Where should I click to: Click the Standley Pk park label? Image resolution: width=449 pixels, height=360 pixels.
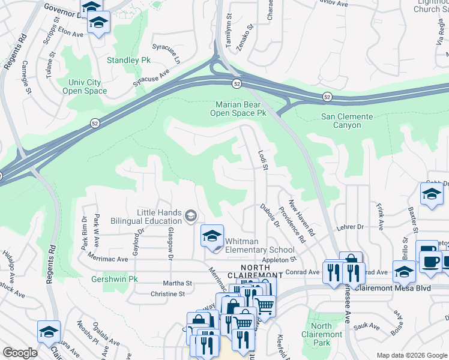coord(128,61)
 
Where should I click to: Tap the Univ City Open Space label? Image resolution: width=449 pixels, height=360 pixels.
coord(85,86)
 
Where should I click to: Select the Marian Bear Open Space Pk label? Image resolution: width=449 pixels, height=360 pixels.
coord(241,108)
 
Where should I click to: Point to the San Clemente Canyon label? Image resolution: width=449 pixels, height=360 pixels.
coord(347,121)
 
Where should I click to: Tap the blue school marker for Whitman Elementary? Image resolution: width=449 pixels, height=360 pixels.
coord(211,236)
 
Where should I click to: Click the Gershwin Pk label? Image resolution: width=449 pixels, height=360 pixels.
coord(115,280)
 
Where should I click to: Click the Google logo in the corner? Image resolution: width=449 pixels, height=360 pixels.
coord(20,353)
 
